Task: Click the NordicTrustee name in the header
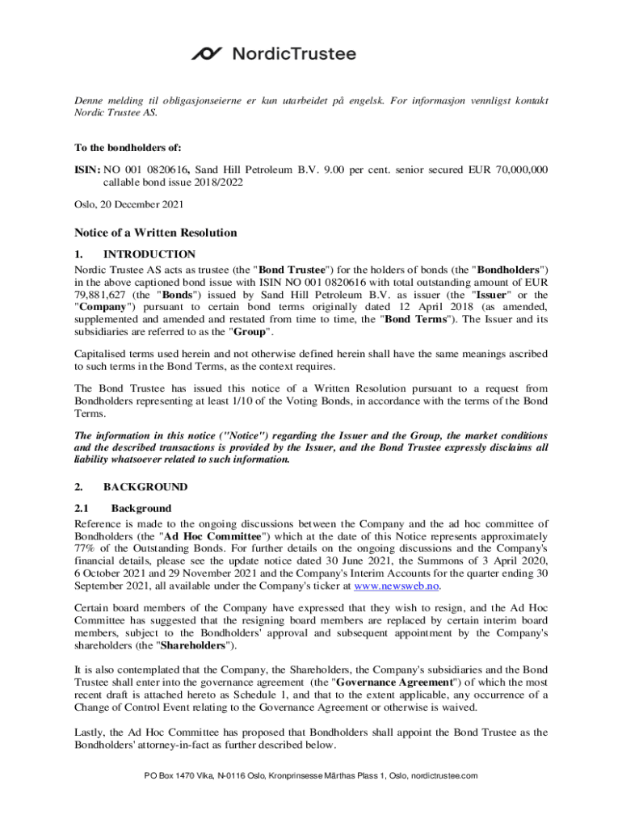pos(294,54)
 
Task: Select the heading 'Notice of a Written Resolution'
pos(156,233)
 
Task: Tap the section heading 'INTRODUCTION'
pos(149,254)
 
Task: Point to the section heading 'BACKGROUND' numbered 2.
pos(145,487)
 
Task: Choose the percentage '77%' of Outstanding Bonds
pos(86,548)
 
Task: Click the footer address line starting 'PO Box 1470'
pos(311,775)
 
